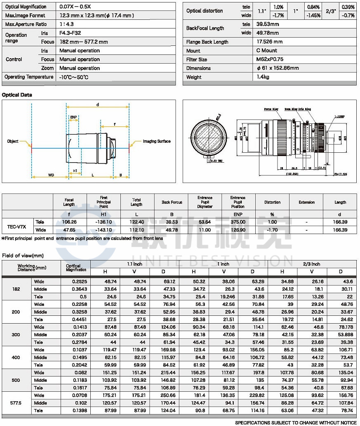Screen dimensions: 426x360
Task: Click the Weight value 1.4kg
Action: click(264, 77)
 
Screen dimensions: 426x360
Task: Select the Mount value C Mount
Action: click(267, 51)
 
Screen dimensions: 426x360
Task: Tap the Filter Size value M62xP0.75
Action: click(270, 59)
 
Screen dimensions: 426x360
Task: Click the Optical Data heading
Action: click(17, 95)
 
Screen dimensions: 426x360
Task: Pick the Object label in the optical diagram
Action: click(13, 142)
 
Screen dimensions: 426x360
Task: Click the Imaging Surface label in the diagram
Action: click(157, 142)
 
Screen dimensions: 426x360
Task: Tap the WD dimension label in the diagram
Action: click(51, 175)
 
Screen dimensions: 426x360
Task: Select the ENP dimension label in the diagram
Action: click(73, 117)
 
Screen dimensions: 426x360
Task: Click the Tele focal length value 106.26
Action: click(69, 222)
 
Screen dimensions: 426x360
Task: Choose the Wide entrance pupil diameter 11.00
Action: click(205, 230)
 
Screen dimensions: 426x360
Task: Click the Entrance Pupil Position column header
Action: click(238, 202)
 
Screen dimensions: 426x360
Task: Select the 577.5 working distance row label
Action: click(16, 403)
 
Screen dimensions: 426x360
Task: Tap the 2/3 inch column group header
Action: click(311, 264)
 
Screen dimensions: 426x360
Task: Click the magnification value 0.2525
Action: click(76, 282)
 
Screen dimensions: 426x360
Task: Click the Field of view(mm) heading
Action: click(23, 256)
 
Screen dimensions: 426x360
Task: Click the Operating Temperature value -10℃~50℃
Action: click(74, 77)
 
